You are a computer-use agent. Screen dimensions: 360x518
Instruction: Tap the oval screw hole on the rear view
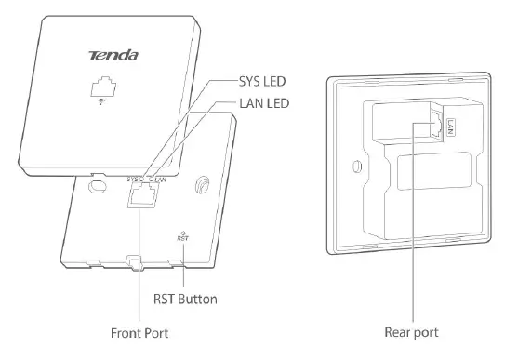point(357,169)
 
